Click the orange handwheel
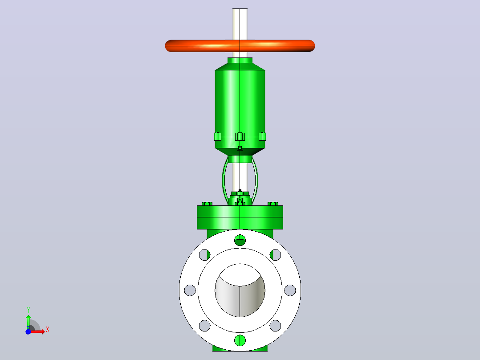click(240, 45)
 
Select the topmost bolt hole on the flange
click(240, 240)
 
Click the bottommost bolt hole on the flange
click(240, 340)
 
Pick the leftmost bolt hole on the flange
click(190, 290)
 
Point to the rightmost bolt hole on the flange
click(290, 290)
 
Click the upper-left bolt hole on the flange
click(204, 254)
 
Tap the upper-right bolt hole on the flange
click(276, 254)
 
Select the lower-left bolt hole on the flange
click(204, 326)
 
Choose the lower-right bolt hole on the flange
click(276, 326)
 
